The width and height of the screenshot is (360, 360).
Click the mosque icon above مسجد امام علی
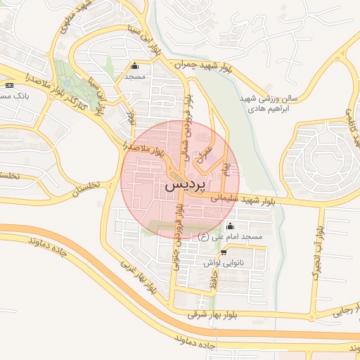click(x=231, y=226)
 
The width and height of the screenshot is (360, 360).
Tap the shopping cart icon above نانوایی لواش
click(x=224, y=252)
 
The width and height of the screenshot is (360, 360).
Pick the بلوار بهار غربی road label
click(x=138, y=277)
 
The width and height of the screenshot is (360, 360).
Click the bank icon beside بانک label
click(x=8, y=84)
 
